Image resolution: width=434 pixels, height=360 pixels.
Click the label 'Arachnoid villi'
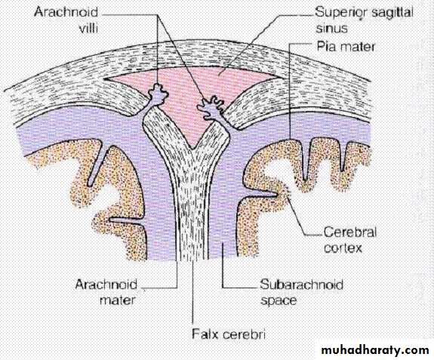tap(66, 20)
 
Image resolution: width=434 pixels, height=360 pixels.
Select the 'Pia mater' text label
tap(346, 47)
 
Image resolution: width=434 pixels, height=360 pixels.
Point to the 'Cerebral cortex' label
tap(350, 240)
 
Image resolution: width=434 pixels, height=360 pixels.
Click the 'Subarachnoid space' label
tap(301, 292)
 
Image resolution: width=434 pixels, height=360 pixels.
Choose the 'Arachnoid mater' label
tap(106, 291)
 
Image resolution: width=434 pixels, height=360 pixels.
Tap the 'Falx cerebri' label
tap(229, 334)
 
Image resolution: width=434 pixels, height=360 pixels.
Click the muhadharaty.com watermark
tap(375, 350)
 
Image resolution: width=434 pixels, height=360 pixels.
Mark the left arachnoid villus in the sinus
tap(158, 95)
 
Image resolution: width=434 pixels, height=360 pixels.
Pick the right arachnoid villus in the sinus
tap(212, 109)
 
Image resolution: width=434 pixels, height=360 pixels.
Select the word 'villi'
tap(88, 28)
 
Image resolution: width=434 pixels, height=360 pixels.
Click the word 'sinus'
tap(331, 28)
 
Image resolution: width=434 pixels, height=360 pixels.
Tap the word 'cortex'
tap(343, 248)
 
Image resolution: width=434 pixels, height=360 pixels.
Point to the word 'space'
tap(279, 300)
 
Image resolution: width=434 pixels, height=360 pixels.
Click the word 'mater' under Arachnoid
tap(117, 300)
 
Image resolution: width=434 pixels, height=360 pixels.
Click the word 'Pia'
tap(326, 47)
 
